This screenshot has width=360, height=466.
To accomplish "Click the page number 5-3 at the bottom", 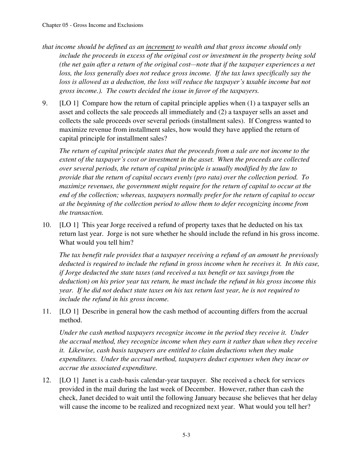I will pyautogui.click(x=186, y=435).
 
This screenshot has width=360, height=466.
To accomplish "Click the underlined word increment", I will pyautogui.click(x=160, y=47).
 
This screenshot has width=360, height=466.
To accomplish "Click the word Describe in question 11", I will pyautogui.click(x=95, y=311).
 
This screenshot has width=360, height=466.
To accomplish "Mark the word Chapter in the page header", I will pyautogui.click(x=52, y=25).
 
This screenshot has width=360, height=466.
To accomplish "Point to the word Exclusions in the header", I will pyautogui.click(x=130, y=25).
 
